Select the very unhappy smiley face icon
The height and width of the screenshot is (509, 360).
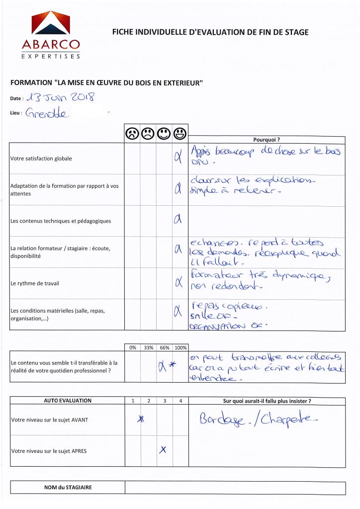132,133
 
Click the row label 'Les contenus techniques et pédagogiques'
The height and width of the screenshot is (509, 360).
61,221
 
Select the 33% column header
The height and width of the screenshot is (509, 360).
148,348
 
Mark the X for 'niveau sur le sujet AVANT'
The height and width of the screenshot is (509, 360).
141,420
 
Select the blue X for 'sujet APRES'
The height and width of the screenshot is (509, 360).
163,450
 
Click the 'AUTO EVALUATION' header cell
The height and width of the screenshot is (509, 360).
68,401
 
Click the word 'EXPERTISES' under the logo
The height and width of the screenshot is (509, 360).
51,57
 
